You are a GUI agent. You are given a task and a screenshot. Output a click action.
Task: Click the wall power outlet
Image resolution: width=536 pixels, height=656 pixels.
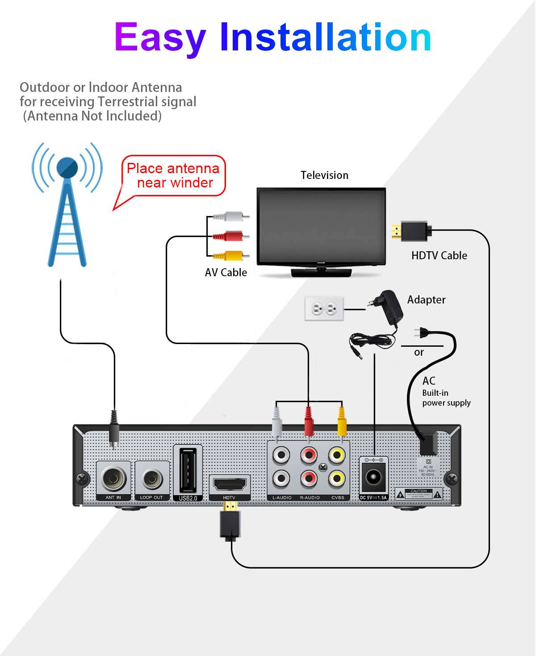tap(324, 308)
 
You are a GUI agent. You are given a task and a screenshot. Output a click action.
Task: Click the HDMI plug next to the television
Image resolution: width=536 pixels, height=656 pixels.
tap(411, 231)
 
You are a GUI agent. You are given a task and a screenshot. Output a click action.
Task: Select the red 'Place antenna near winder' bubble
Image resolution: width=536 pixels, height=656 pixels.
tap(173, 176)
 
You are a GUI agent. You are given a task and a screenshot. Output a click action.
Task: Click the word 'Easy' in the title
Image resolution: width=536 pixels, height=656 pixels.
tap(160, 37)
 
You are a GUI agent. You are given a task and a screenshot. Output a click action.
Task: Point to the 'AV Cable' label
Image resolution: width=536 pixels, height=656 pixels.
tap(226, 273)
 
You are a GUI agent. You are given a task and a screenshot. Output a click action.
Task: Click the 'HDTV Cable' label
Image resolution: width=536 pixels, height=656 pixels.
tap(439, 256)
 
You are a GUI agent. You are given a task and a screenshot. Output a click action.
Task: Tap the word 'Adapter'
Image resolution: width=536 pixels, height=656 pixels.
tap(426, 300)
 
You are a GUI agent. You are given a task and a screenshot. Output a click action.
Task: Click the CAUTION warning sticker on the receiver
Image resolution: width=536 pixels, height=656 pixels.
tap(419, 494)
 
